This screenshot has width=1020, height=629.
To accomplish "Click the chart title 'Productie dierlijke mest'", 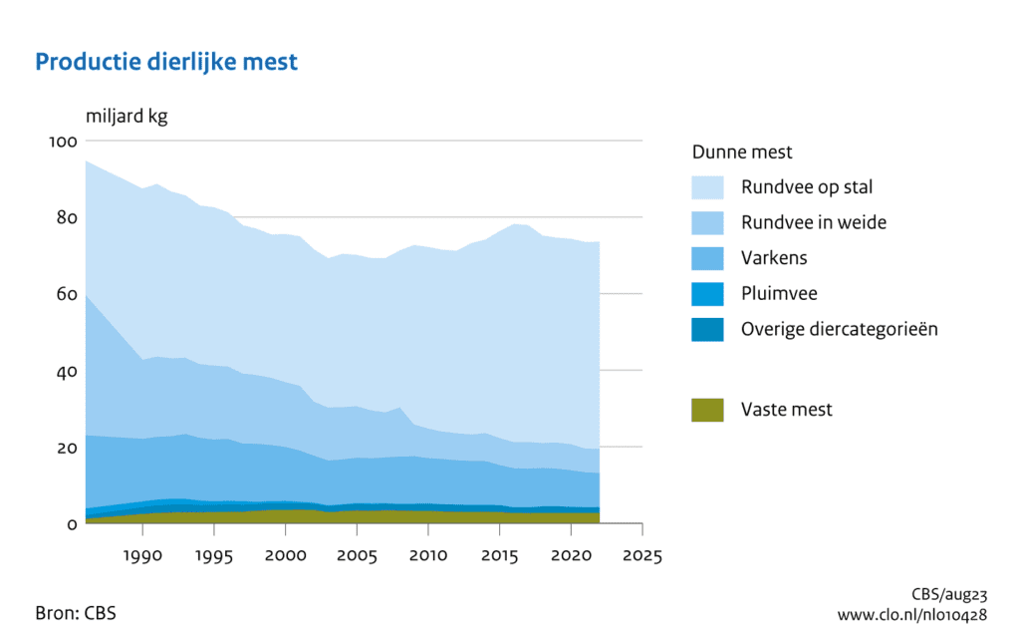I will pyautogui.click(x=166, y=62).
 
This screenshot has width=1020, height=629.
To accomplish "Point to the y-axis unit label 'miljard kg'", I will pyautogui.click(x=127, y=117).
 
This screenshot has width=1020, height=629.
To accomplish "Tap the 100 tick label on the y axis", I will pyautogui.click(x=62, y=142).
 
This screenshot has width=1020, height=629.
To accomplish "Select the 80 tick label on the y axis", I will pyautogui.click(x=65, y=217).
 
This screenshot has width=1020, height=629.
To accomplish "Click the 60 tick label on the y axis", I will pyautogui.click(x=65, y=294).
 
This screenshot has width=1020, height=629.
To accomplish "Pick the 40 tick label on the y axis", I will pyautogui.click(x=65, y=371).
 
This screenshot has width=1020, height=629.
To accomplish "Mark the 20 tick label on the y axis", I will pyautogui.click(x=65, y=448).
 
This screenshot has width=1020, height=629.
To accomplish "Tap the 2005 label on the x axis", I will pyautogui.click(x=357, y=553).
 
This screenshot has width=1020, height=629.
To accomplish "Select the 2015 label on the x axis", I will pyautogui.click(x=499, y=553).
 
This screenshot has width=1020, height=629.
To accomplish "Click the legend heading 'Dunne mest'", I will pyautogui.click(x=742, y=153).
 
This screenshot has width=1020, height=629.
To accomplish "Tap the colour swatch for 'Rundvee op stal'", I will pyautogui.click(x=707, y=186).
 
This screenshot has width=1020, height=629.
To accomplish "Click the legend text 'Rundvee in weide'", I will pyautogui.click(x=813, y=222).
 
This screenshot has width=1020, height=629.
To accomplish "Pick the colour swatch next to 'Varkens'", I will pyautogui.click(x=707, y=258).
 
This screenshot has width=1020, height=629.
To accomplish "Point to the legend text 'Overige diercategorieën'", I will pyautogui.click(x=839, y=329).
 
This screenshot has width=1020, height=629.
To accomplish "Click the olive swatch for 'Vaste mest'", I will pyautogui.click(x=707, y=409).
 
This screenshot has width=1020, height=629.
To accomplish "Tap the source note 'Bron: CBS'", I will pyautogui.click(x=76, y=612).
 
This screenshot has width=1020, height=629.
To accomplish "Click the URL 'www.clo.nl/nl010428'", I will pyautogui.click(x=913, y=614).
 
